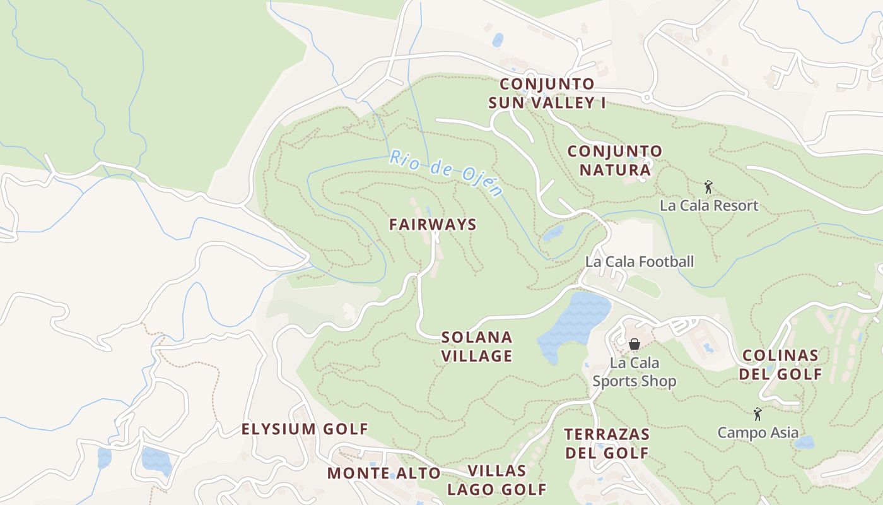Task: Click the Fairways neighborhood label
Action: (x=433, y=225)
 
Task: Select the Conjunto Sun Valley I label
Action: (x=547, y=93)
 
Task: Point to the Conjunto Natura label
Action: (x=614, y=160)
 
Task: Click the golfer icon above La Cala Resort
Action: (x=708, y=187)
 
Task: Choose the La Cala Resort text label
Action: (x=708, y=206)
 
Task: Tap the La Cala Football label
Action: (x=639, y=261)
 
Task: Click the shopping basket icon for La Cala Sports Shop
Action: (x=634, y=344)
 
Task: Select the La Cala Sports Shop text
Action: (x=634, y=372)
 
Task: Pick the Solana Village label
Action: (x=476, y=347)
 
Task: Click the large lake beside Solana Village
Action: (x=574, y=325)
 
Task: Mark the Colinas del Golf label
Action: (x=781, y=364)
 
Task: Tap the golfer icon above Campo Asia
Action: (x=757, y=414)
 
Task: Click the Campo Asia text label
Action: (x=757, y=433)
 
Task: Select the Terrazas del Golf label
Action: (x=606, y=443)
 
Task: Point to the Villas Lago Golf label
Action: (x=497, y=480)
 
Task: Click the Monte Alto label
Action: (x=383, y=473)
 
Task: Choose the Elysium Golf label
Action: (x=305, y=429)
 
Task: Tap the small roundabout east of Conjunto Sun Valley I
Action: (x=646, y=98)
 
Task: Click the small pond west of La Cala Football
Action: (x=553, y=234)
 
